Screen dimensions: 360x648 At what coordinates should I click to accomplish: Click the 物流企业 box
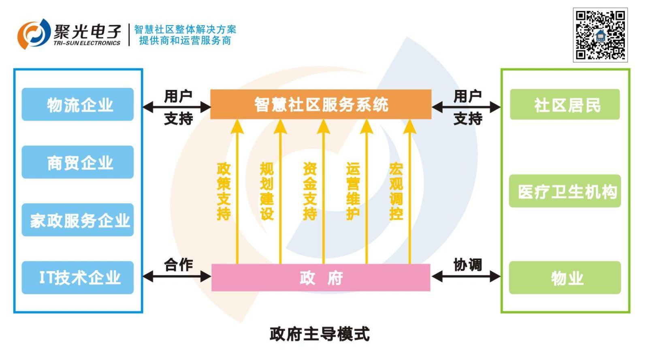(x=78, y=104)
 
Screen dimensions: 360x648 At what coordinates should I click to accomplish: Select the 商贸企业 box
(x=78, y=162)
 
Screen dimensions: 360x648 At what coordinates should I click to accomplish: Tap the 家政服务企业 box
(x=78, y=220)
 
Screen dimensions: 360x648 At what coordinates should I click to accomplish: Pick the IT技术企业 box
(x=78, y=277)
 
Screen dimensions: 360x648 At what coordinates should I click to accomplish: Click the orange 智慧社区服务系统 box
(x=321, y=104)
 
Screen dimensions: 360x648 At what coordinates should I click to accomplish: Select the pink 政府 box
(x=321, y=278)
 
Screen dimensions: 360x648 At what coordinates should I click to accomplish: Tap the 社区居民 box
(x=565, y=104)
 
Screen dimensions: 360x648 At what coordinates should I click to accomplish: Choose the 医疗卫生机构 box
(x=565, y=191)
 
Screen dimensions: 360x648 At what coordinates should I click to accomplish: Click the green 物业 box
(x=565, y=278)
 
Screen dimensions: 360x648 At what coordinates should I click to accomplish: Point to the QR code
(x=600, y=35)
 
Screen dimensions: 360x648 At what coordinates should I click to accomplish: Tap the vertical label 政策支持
(x=224, y=191)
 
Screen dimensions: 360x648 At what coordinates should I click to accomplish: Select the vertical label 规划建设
(x=266, y=191)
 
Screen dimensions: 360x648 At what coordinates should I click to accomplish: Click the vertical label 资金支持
(x=310, y=191)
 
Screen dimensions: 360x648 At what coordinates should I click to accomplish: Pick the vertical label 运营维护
(x=353, y=191)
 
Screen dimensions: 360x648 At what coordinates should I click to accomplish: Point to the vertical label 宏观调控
(x=396, y=191)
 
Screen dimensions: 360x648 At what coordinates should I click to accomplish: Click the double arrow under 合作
(x=177, y=277)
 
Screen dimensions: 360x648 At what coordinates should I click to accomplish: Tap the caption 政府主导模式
(x=320, y=334)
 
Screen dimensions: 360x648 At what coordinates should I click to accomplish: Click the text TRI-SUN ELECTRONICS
(x=87, y=43)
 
